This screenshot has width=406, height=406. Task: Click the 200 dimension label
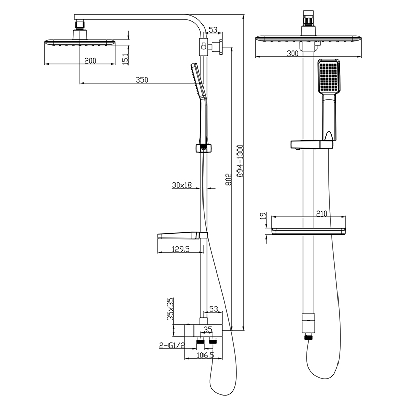[90, 61]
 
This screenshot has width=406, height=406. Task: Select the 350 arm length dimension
[142, 80]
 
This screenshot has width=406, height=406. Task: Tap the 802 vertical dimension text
[228, 180]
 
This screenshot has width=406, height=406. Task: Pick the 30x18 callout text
[181, 186]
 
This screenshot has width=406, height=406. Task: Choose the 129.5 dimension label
[181, 249]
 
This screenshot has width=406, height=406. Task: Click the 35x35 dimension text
[171, 308]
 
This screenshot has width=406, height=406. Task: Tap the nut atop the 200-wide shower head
[79, 24]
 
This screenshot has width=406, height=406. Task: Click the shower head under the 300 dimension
[310, 41]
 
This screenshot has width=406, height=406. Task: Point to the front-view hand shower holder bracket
[311, 145]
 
